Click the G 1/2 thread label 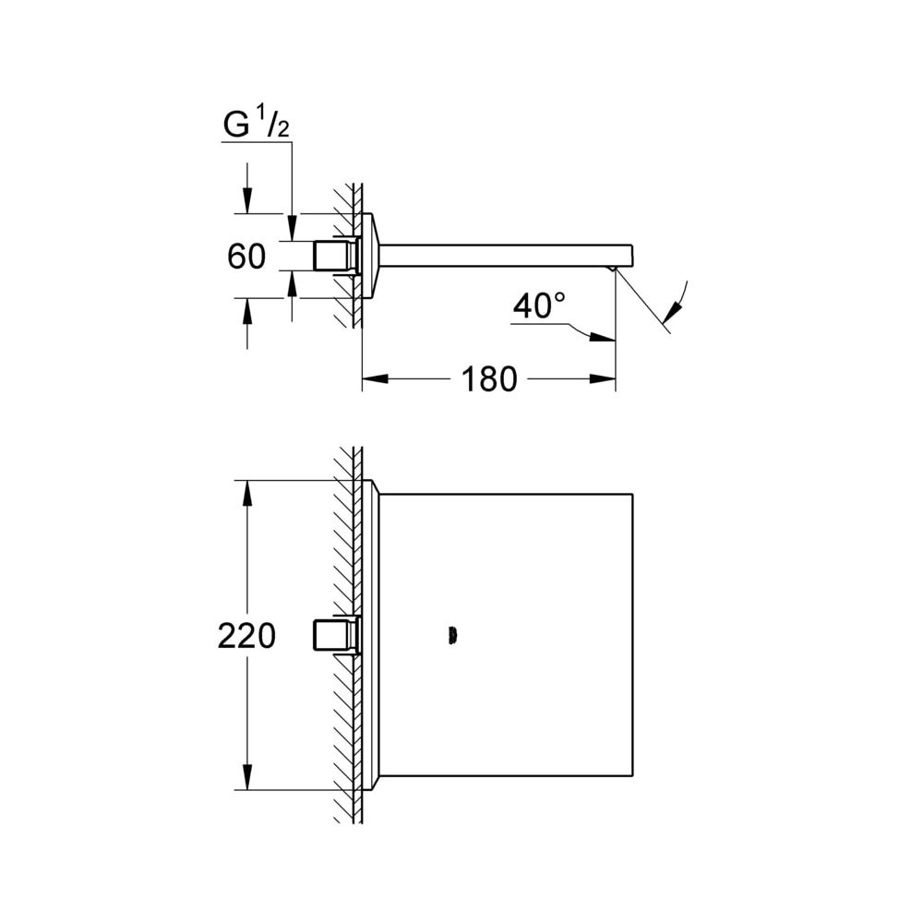coord(257,126)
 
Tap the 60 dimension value coord(246,257)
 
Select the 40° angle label coord(539,306)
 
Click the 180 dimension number coord(489,379)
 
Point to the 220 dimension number coord(246,636)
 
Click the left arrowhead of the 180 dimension coord(375,379)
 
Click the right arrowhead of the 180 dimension coord(602,379)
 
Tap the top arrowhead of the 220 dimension coord(246,494)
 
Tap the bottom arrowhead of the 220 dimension coord(246,777)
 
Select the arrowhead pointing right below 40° coord(602,337)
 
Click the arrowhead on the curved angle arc coord(672,310)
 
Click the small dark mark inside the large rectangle coord(452,636)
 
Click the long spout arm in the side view coord(505,255)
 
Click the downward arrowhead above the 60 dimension coord(246,200)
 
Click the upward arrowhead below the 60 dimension coord(246,311)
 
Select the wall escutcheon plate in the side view coord(372,256)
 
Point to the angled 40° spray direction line coord(642,300)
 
